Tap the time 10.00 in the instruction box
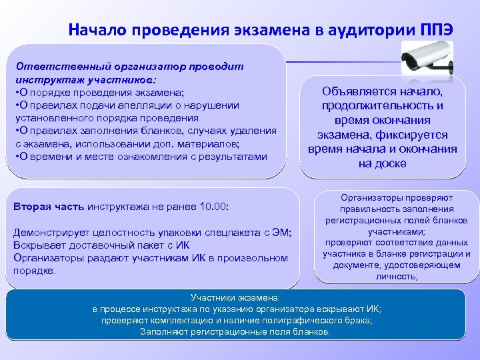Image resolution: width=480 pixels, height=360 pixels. pos(213,207)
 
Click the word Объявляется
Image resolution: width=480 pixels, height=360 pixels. pos(359,91)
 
